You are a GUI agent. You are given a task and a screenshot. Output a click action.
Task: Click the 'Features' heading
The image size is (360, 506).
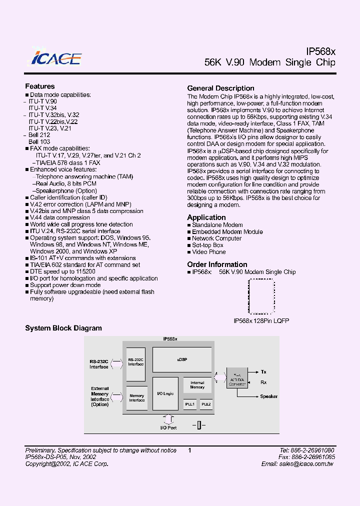point(40,86)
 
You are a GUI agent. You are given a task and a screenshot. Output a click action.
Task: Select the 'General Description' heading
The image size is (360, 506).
point(220,88)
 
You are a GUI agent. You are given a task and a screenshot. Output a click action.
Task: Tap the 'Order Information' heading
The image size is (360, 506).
point(217,264)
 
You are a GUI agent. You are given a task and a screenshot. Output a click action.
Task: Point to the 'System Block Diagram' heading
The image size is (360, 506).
point(63,328)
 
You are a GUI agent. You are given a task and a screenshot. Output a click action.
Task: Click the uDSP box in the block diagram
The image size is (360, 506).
point(182,360)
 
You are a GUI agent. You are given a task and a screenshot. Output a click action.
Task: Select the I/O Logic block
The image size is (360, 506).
point(165,393)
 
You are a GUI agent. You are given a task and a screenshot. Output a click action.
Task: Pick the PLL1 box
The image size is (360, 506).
point(189,404)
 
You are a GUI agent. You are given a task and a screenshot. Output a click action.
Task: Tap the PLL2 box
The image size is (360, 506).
point(206,404)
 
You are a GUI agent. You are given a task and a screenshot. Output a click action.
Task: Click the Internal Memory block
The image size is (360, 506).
point(197,385)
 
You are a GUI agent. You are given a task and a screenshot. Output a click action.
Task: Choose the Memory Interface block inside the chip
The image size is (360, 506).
point(136,398)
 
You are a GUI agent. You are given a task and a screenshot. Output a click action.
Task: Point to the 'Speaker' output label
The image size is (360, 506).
point(268,396)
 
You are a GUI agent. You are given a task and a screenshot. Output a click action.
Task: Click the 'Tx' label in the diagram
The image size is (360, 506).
point(263,372)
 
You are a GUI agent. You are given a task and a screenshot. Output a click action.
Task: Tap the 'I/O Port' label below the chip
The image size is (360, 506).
point(168,428)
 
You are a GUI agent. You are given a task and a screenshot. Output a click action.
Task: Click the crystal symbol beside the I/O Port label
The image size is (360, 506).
point(198,425)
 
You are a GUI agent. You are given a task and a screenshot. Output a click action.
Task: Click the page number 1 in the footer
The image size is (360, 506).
point(190,450)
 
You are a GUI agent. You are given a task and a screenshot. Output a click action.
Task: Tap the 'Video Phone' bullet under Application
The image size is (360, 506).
point(209,252)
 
